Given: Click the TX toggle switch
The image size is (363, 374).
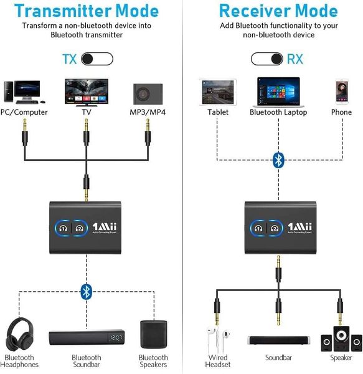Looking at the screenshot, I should (97, 59).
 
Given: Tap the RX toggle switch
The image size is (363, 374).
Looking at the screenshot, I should (267, 59).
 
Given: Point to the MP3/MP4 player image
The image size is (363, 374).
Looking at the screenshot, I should (148, 92).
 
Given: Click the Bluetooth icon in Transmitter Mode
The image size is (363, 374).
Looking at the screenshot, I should (86, 290).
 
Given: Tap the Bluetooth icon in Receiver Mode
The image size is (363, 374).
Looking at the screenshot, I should (278, 160).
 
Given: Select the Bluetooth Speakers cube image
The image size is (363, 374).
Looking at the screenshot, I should (153, 335).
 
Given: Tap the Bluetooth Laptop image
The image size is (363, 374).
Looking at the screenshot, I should (278, 90).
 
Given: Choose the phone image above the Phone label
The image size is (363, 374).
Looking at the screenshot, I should (341, 92).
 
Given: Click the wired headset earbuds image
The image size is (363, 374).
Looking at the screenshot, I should (217, 340).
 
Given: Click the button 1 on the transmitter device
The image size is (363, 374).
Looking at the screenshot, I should (62, 228).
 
